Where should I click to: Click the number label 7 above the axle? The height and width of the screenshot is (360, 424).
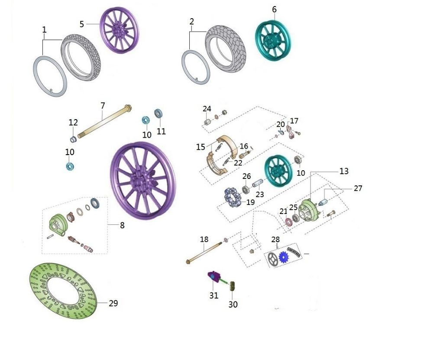click(103, 105)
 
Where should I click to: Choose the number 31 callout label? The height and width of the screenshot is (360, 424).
click(214, 296)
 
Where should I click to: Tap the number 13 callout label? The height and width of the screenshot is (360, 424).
click(344, 172)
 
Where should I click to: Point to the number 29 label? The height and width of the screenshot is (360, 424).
click(113, 304)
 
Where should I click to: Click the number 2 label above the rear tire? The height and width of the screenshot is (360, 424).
click(192, 21)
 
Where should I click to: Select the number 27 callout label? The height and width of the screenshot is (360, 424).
click(358, 188)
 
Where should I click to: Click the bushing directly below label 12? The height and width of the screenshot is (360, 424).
click(74, 139)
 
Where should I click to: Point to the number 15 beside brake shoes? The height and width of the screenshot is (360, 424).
click(201, 147)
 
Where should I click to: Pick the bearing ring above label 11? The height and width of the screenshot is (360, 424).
click(159, 114)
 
